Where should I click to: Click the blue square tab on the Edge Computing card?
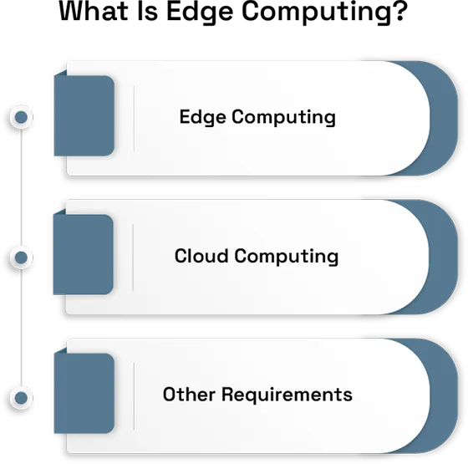pyautogui.click(x=83, y=116)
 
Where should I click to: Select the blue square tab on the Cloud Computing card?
pyautogui.click(x=83, y=255)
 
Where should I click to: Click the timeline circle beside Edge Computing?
pyautogui.click(x=20, y=117)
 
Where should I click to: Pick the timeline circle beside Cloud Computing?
pyautogui.click(x=20, y=257)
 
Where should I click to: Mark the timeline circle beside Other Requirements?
pyautogui.click(x=20, y=395)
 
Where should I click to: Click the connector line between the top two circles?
pyautogui.click(x=23, y=186)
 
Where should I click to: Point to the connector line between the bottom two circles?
pyautogui.click(x=23, y=326)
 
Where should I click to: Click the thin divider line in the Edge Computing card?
pyautogui.click(x=134, y=117)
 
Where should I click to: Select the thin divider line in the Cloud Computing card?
pyautogui.click(x=134, y=256)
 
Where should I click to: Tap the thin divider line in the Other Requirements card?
pyautogui.click(x=134, y=395)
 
